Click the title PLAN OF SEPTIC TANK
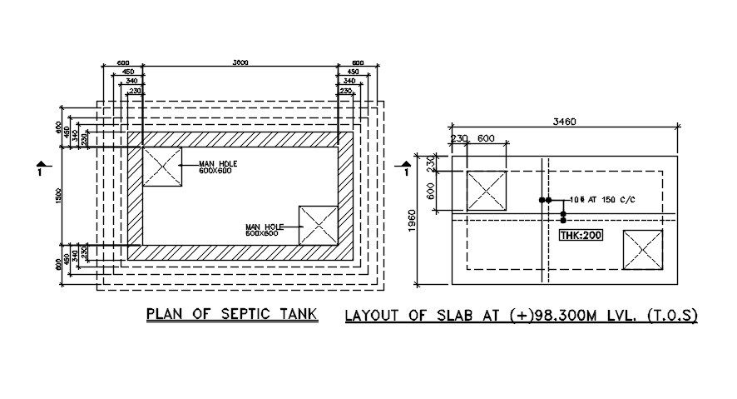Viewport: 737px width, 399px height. click(231, 315)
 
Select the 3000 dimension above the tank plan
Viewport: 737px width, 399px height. click(240, 62)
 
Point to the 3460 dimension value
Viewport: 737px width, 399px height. click(564, 122)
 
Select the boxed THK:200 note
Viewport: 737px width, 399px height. click(581, 236)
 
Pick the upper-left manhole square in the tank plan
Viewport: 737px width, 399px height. click(162, 167)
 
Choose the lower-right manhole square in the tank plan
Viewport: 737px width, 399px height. click(319, 225)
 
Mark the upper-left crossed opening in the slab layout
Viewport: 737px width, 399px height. click(487, 191)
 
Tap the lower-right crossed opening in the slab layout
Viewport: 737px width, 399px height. click(643, 250)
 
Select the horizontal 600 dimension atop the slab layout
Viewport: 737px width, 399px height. click(487, 139)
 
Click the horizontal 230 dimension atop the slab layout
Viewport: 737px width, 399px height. click(458, 139)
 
